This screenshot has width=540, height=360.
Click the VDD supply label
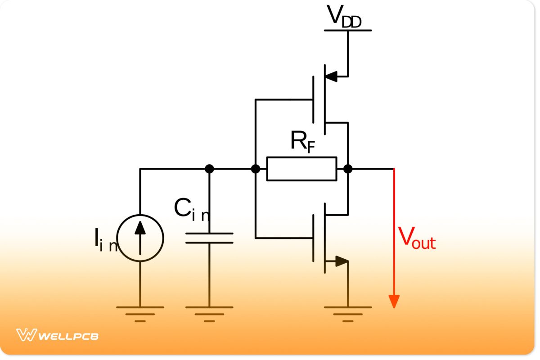(344, 17)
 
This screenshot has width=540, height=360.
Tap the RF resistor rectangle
(301, 169)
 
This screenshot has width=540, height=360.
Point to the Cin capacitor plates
(209, 238)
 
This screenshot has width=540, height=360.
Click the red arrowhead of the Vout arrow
(394, 301)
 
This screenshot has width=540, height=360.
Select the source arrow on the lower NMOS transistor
(341, 261)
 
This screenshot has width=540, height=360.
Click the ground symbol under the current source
(140, 313)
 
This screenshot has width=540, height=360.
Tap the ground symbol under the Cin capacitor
(209, 313)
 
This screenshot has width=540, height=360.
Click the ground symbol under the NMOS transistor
(348, 313)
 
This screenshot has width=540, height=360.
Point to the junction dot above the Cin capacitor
(209, 169)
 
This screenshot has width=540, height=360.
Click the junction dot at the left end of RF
(256, 169)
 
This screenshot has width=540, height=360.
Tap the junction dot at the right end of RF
(348, 169)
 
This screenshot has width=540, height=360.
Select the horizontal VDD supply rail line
(348, 30)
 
